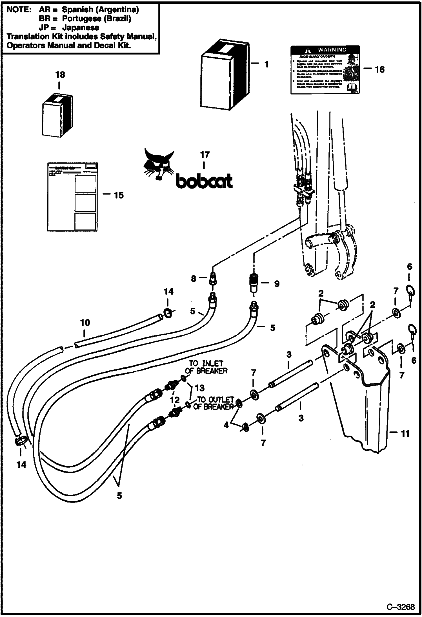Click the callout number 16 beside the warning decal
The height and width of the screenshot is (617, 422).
tap(379, 69)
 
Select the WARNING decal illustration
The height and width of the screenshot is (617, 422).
tap(325, 69)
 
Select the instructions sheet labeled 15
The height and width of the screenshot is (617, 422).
tap(72, 197)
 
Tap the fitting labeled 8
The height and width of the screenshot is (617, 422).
tap(213, 279)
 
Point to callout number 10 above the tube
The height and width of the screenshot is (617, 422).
tap(85, 323)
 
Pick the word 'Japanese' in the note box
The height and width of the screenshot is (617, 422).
tap(81, 28)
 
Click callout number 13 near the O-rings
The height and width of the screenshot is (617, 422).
tap(199, 388)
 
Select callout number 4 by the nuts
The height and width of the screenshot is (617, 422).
tap(226, 425)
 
